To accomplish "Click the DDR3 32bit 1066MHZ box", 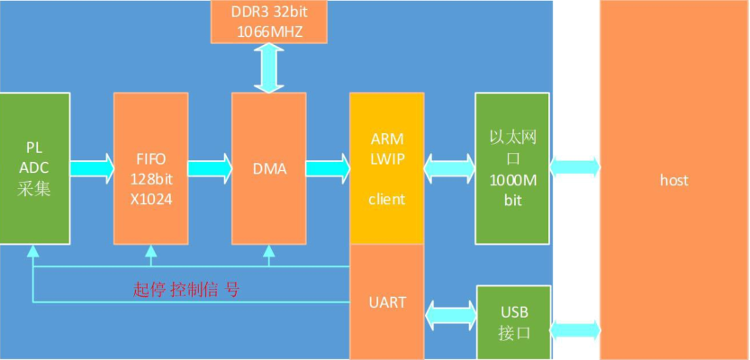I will coord(268,22).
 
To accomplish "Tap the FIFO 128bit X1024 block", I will coord(150,167).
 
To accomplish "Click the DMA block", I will coord(268,167).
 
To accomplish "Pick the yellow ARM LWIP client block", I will coord(386,167).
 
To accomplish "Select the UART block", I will coord(386,302).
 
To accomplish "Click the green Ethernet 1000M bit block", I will coord(511,167).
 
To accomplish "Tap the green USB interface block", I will coord(511,321).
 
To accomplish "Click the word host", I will coord(673,180).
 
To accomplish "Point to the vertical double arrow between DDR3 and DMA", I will coord(268,67).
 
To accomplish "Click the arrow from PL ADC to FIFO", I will coord(91,167).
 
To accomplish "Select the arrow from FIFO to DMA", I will coord(209,167).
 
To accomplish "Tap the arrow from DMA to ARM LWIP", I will coord(328,167).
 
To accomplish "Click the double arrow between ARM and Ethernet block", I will coord(449,167).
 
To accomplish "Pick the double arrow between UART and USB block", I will coord(449,313).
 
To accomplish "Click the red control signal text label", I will coord(186,289).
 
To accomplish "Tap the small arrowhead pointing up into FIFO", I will coord(150,251).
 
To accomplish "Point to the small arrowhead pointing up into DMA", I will coord(268,251).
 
